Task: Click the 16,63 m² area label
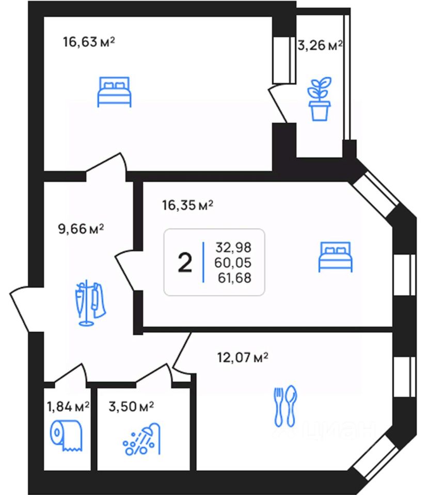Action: pos(89,42)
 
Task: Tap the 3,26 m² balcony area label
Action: pos(320,45)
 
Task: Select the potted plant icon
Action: pos(320,99)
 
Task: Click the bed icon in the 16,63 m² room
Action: pos(114,92)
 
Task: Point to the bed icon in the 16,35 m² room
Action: pos(335,257)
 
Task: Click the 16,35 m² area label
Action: pos(188,205)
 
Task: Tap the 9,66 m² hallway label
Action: pos(81,228)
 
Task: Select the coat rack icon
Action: pos(90,303)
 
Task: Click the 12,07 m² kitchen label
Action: pos(243,358)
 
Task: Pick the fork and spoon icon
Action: pos(285,406)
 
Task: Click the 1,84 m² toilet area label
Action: pos(68,407)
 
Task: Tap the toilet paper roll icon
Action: pos(67,435)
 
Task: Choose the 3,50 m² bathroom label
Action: pos(131,407)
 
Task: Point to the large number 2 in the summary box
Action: pos(185,262)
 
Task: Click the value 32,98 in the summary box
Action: pos(233,247)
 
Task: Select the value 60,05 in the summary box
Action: pos(233,262)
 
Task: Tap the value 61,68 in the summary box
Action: pos(234,278)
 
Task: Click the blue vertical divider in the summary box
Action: pos(203,262)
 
